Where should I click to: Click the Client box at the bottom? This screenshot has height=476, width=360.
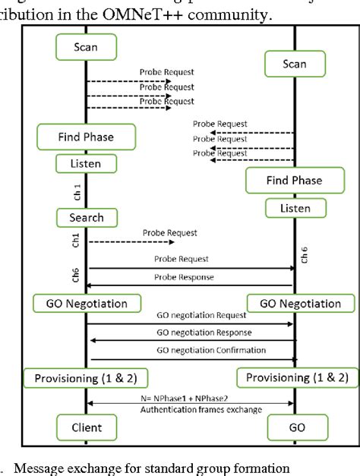point(86,427)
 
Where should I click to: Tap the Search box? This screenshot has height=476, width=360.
point(86,218)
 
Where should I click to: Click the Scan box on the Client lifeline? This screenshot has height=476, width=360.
point(86,47)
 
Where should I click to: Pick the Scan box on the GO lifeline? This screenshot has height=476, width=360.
point(294,65)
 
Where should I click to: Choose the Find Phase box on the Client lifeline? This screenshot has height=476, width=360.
point(86,137)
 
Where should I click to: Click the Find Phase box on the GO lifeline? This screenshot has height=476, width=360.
point(294,181)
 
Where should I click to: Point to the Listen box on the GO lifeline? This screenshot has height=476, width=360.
point(294,207)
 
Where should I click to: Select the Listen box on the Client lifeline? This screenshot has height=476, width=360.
point(86,164)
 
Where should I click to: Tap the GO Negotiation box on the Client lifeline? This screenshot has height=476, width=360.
point(86,304)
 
